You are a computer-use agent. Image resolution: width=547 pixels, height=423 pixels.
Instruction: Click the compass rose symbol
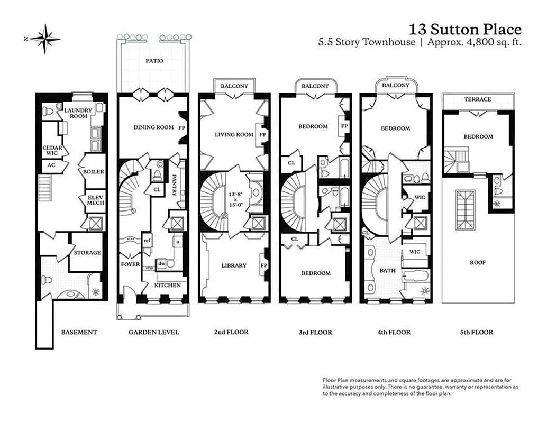[x=45, y=39]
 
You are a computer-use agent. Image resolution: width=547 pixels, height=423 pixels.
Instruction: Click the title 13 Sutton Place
[x=466, y=29]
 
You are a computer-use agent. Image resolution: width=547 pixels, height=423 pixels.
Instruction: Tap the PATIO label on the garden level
[x=154, y=61]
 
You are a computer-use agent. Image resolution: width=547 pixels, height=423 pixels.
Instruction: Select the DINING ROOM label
[x=153, y=127]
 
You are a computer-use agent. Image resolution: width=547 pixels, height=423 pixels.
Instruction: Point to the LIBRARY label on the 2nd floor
[x=233, y=265]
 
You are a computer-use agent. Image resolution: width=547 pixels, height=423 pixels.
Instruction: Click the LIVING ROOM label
[x=234, y=135]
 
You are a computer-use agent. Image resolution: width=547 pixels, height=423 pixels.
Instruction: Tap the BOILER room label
[x=93, y=172]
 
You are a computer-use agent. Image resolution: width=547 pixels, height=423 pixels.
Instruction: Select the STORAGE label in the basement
[x=87, y=253]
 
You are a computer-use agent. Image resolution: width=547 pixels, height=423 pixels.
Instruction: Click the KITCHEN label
[x=167, y=286]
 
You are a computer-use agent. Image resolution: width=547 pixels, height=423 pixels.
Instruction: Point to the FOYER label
[x=130, y=264]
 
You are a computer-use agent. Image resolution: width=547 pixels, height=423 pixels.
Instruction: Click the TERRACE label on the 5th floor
[x=477, y=99]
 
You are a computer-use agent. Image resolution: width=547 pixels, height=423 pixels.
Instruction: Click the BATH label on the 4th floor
[x=387, y=271]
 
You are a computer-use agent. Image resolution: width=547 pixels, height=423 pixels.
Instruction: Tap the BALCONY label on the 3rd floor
[x=315, y=86]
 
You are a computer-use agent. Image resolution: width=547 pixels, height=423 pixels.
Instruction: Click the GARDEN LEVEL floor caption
[x=153, y=333]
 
